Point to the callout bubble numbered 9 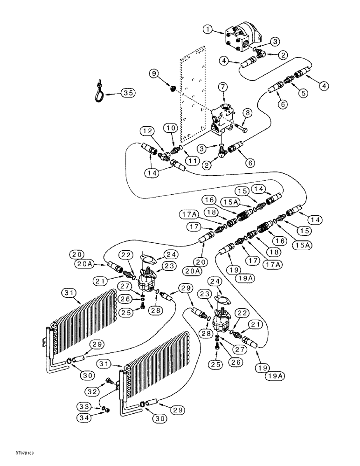(153, 73)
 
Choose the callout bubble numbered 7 (222, 87)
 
